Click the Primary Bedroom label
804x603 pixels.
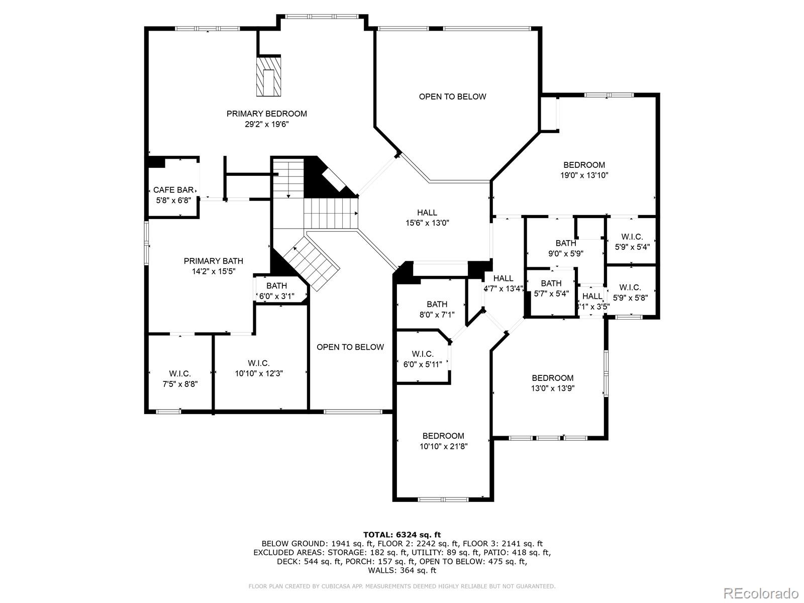tap(266, 114)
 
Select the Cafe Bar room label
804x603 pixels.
tap(173, 190)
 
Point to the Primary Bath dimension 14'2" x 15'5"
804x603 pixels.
tap(213, 271)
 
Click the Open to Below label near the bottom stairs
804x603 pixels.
tap(350, 347)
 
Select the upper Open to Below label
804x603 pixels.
tap(452, 96)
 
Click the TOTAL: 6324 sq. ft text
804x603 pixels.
tap(402, 535)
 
